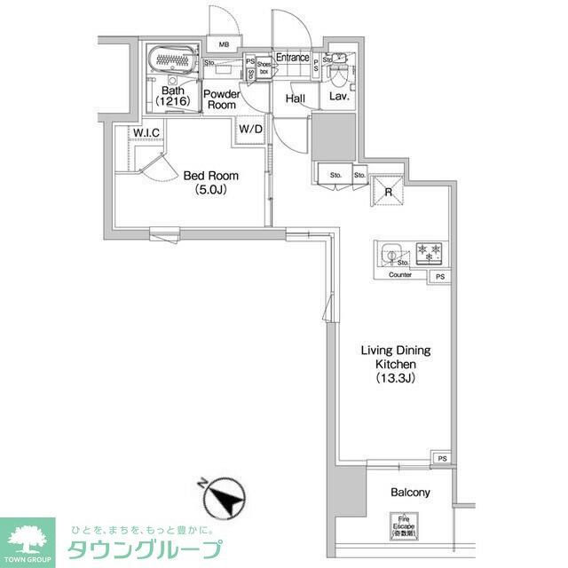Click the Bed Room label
tap(211, 176)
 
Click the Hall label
tap(296, 99)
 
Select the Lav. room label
tap(339, 97)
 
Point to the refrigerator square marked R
tap(386, 188)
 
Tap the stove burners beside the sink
tap(430, 254)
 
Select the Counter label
tap(400, 275)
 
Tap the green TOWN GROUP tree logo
tap(27, 537)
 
